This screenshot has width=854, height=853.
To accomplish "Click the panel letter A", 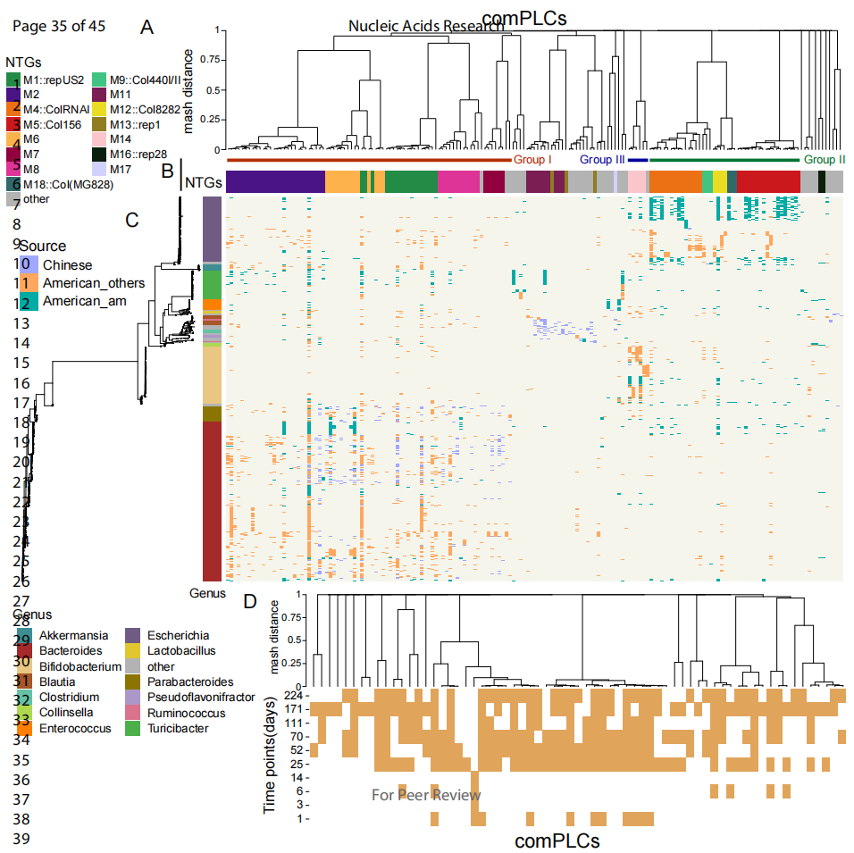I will [147, 28].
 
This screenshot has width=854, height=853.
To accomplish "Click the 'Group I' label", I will [532, 159].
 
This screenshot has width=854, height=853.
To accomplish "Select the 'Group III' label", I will [603, 159].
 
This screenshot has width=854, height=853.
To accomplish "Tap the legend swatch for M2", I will [13, 94].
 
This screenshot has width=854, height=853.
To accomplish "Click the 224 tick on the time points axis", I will [296, 695].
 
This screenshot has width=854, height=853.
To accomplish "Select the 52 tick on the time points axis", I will [298, 750].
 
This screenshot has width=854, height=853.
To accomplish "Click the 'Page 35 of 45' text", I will [59, 26].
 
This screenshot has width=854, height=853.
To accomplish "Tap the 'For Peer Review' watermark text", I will [426, 795].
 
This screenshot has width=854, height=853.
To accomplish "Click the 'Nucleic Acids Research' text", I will [425, 26].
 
